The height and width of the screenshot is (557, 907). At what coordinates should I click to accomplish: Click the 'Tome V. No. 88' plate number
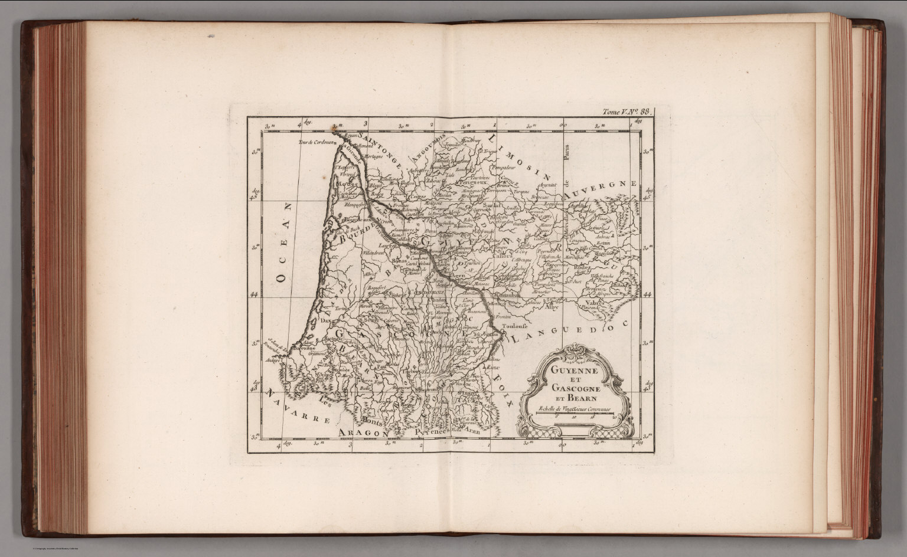pyautogui.click(x=627, y=111)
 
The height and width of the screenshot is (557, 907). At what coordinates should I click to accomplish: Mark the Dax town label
pyautogui.click(x=325, y=320)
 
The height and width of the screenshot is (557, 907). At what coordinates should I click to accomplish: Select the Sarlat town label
pyautogui.click(x=488, y=206)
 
